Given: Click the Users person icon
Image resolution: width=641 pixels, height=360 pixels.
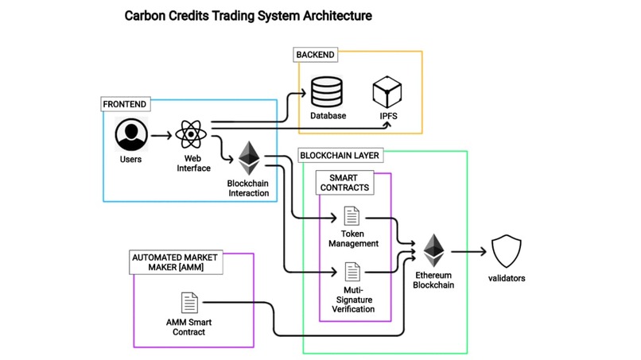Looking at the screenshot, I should pyautogui.click(x=131, y=134).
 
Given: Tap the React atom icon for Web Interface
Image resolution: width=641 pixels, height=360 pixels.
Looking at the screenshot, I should pyautogui.click(x=191, y=134).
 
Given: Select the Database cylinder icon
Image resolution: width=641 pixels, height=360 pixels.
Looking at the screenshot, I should pyautogui.click(x=327, y=92).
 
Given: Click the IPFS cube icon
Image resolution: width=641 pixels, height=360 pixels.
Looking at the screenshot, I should pyautogui.click(x=387, y=92).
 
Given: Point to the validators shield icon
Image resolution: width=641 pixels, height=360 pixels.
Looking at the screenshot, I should pyautogui.click(x=506, y=252).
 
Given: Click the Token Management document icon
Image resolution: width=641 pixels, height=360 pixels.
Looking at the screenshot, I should pyautogui.click(x=352, y=216).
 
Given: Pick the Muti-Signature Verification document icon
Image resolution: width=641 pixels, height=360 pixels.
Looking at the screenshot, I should pyautogui.click(x=352, y=272).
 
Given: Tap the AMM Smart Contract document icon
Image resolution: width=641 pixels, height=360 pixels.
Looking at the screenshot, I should pyautogui.click(x=189, y=303).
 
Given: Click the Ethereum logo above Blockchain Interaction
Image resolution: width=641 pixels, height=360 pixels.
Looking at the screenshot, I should pyautogui.click(x=249, y=158).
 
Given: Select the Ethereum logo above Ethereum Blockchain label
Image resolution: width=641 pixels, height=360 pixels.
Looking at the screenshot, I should pyautogui.click(x=433, y=251).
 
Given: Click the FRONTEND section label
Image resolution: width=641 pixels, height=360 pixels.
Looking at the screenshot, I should pyautogui.click(x=125, y=104).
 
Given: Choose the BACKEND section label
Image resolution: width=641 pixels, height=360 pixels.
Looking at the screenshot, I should pyautogui.click(x=316, y=55).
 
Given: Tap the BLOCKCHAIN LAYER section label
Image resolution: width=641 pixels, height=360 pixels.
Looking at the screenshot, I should pyautogui.click(x=340, y=155).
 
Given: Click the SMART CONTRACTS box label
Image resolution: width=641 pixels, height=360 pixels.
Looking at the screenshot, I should pyautogui.click(x=344, y=183).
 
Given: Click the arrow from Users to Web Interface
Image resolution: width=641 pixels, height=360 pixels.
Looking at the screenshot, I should pyautogui.click(x=161, y=135).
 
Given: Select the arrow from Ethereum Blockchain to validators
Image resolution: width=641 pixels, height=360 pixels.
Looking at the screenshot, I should pyautogui.click(x=468, y=252).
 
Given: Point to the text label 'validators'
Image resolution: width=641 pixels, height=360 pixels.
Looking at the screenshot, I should pyautogui.click(x=507, y=278).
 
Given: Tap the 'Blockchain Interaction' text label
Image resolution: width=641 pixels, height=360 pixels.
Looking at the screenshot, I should pyautogui.click(x=248, y=188).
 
